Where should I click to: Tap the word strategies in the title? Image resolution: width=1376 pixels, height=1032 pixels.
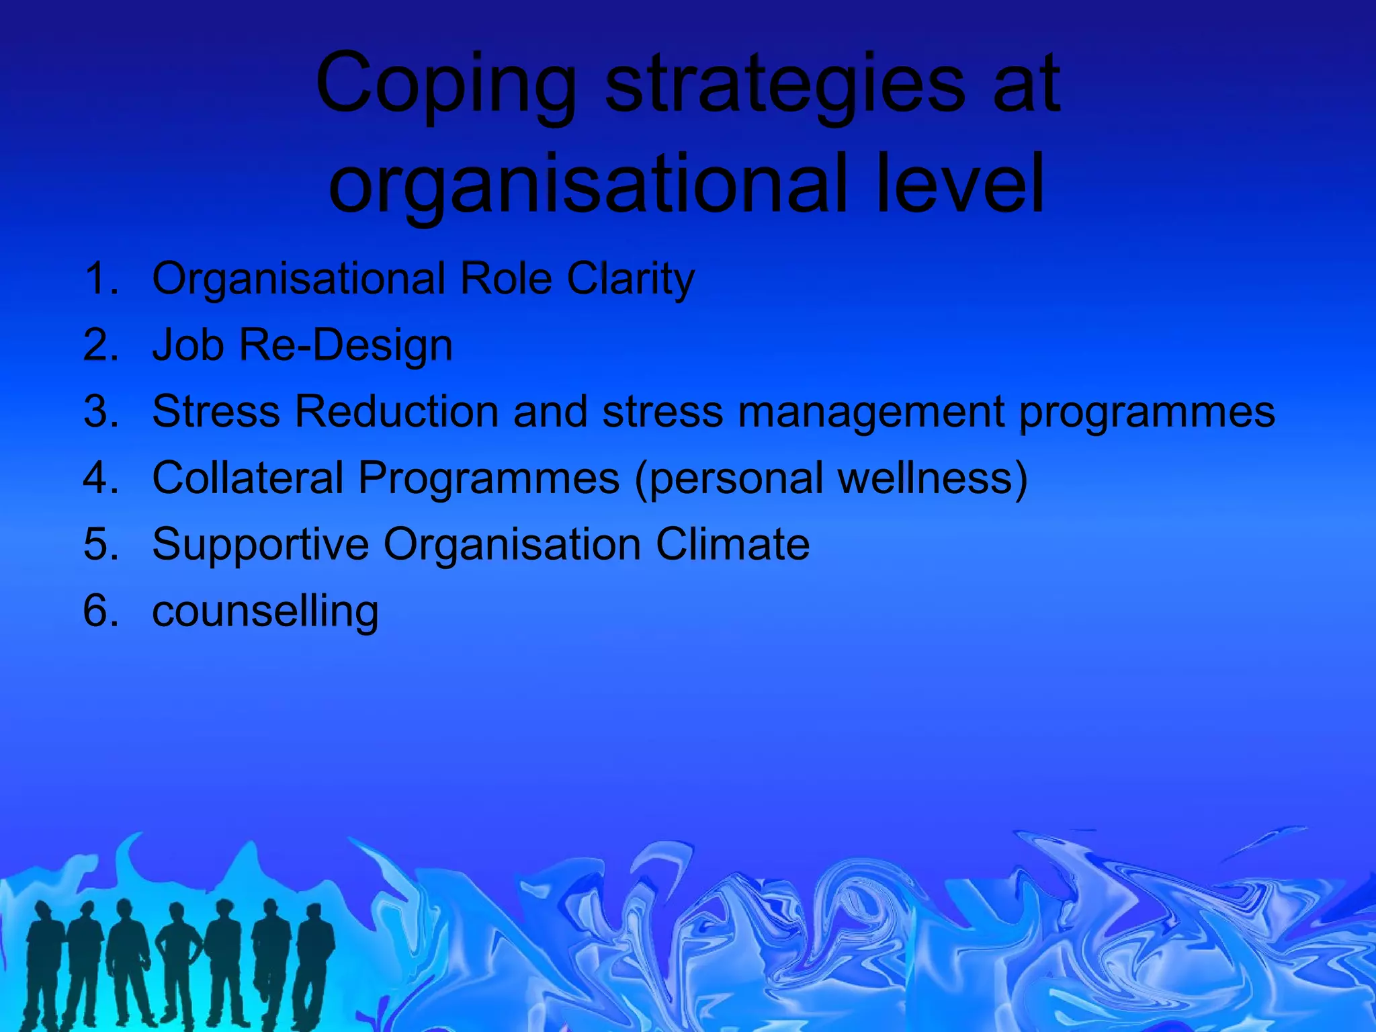(782, 86)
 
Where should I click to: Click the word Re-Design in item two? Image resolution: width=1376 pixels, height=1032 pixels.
(345, 345)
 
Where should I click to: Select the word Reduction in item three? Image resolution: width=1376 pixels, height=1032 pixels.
(396, 411)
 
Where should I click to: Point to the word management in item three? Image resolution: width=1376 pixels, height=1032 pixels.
(871, 413)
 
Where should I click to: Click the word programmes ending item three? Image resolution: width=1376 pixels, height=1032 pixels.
(1146, 413)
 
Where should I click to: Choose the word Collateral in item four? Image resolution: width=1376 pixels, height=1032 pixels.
(248, 478)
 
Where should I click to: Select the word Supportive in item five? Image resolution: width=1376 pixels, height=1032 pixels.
(260, 544)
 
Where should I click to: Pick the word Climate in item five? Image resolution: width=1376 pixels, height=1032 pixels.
(732, 544)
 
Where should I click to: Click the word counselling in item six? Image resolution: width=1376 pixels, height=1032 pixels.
(265, 611)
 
